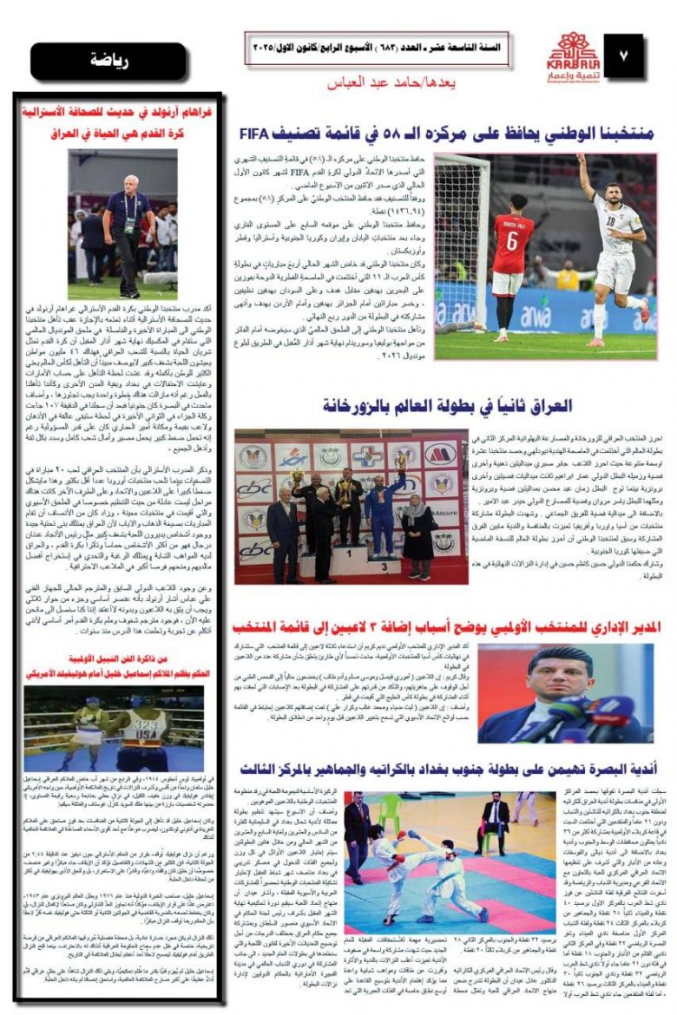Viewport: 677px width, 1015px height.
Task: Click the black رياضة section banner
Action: (x=115, y=62)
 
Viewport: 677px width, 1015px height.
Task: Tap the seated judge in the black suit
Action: (x=496, y=817)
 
